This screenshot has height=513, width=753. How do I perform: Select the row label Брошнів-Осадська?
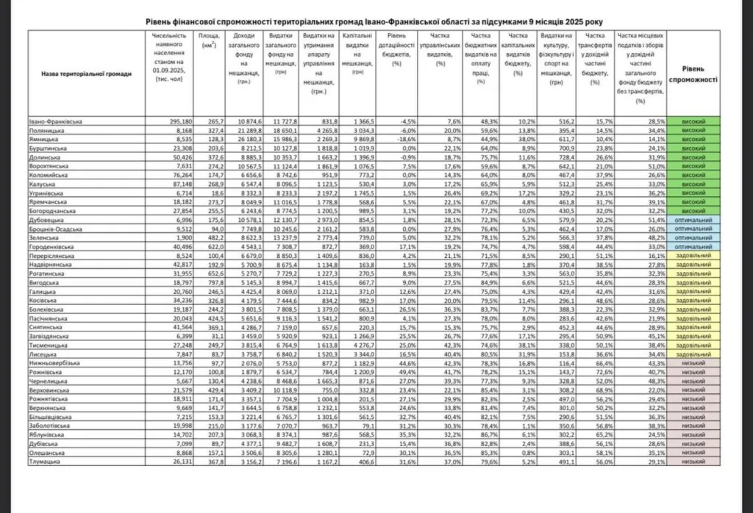60,229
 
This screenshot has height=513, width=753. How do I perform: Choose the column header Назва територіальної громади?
87,73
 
